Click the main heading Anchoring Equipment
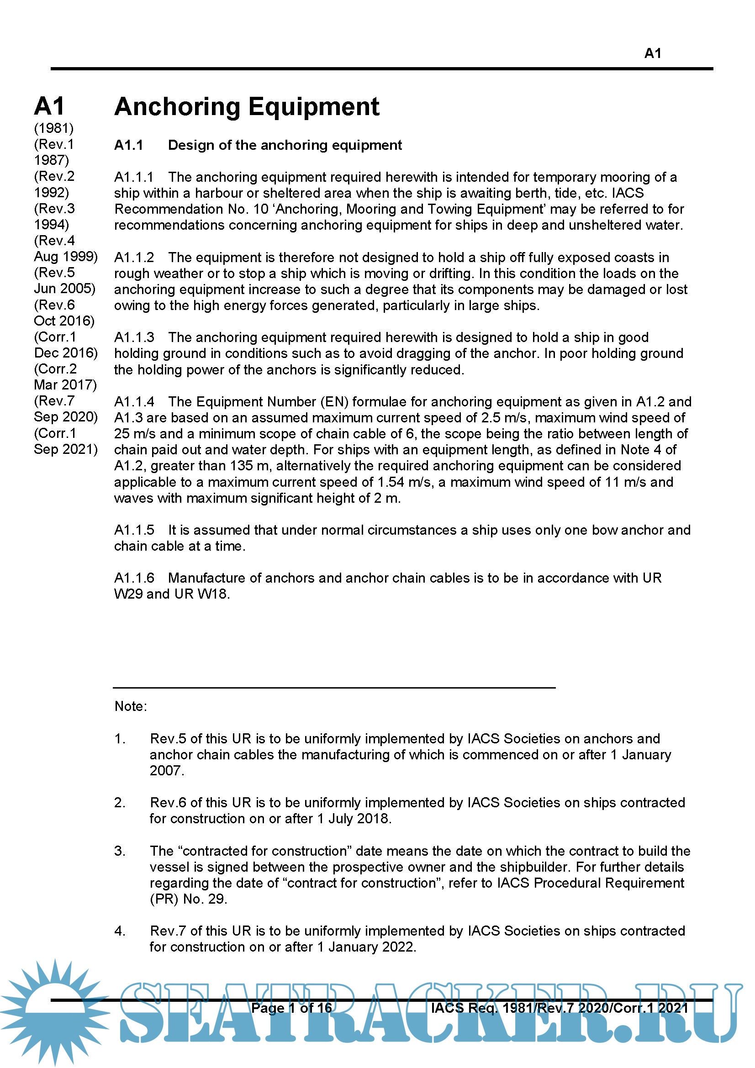coord(247,106)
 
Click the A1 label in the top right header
coord(652,53)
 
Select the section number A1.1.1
coord(133,177)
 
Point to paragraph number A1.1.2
coord(134,257)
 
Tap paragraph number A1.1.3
coord(134,337)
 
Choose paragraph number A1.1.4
coord(134,401)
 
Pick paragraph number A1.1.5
coord(134,530)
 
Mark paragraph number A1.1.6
coord(134,578)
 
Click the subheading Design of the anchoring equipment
coord(285,145)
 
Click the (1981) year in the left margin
coord(53,128)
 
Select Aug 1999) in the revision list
coord(66,256)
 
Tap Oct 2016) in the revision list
coord(64,321)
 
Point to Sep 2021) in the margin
coord(66,449)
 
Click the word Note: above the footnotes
coord(131,706)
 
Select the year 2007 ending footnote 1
coord(166,770)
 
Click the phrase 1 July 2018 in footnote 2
coord(354,818)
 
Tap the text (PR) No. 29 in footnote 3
coord(188,899)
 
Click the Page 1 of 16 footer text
coord(292,1008)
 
